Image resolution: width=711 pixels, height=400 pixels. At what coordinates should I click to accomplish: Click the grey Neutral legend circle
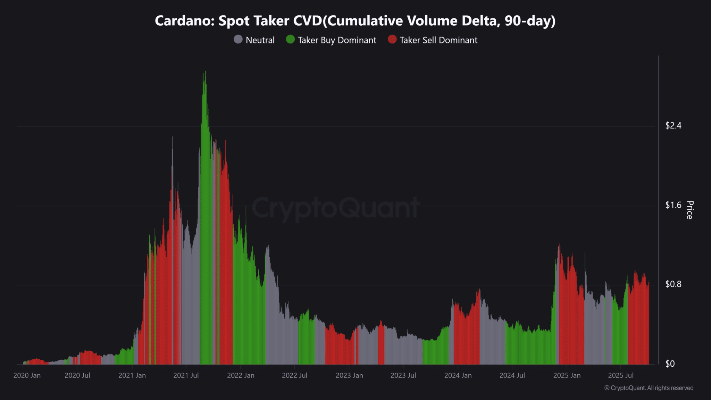point(238,39)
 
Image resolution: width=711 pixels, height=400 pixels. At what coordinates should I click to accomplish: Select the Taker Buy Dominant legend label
point(337,40)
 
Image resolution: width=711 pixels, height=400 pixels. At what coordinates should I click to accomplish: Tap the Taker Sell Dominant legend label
point(438,40)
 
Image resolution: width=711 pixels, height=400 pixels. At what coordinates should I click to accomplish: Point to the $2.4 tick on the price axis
point(673,126)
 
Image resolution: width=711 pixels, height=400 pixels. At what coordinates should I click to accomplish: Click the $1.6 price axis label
point(673,205)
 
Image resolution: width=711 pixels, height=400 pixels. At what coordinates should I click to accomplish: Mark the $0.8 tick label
point(673,284)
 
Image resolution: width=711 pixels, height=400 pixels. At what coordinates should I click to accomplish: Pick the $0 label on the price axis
point(670,364)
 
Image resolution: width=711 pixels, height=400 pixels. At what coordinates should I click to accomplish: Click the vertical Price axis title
point(690,210)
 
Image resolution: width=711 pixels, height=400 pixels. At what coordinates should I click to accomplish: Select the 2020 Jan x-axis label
point(27,376)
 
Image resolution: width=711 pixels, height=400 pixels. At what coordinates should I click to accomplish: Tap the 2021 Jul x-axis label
point(186,376)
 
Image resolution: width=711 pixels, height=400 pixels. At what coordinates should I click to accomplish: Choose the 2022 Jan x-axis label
point(241,376)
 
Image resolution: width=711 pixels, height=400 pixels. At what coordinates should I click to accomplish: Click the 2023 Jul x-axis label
point(403,376)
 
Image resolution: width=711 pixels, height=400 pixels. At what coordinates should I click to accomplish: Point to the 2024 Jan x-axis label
point(458,376)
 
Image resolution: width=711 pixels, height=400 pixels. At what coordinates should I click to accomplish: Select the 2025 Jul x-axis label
point(621,376)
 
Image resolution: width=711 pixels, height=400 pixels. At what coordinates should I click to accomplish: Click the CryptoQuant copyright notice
point(649,388)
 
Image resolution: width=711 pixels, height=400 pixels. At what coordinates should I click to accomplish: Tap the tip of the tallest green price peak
point(205,72)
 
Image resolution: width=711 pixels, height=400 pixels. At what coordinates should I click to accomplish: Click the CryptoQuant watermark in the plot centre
point(335,208)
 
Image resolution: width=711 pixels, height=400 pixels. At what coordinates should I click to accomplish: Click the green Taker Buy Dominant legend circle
point(290,39)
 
